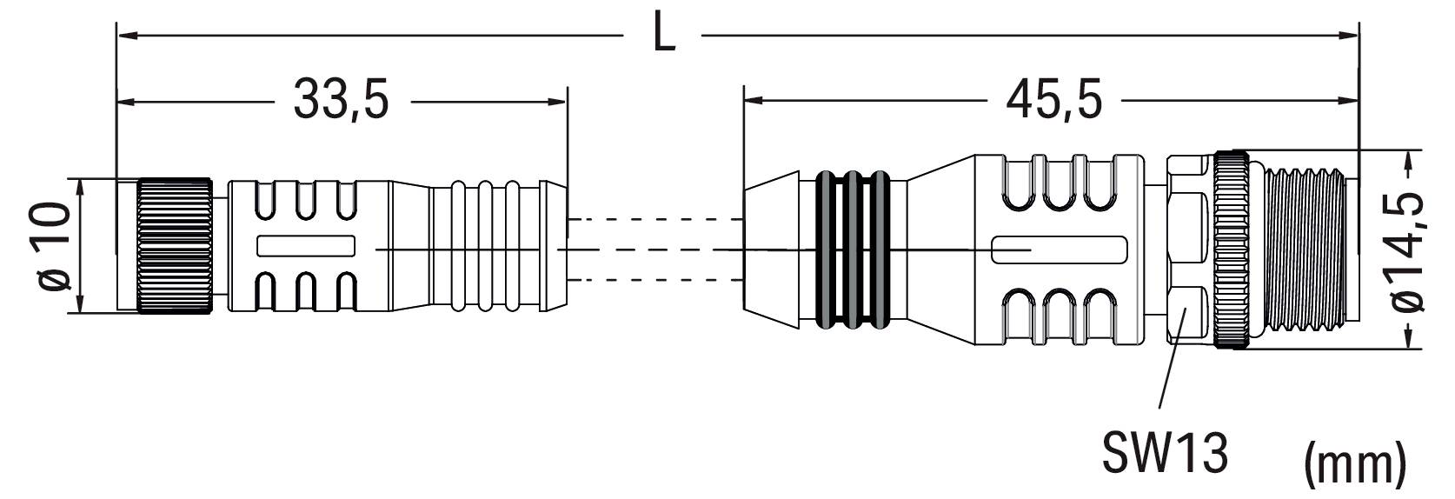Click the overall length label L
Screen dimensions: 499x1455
pyautogui.click(x=663, y=36)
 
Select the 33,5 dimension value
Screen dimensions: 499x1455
pyautogui.click(x=341, y=100)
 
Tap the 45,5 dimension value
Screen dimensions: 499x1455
pyautogui.click(x=1053, y=100)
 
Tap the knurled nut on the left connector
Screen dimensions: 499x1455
pyautogui.click(x=174, y=246)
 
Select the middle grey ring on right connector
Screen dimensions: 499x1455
pyautogui.click(x=855, y=250)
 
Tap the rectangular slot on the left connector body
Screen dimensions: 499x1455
pyautogui.click(x=306, y=246)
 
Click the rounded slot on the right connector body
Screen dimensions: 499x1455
pyautogui.click(x=1060, y=250)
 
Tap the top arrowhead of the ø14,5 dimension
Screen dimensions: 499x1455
pyautogui.click(x=1410, y=157)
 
